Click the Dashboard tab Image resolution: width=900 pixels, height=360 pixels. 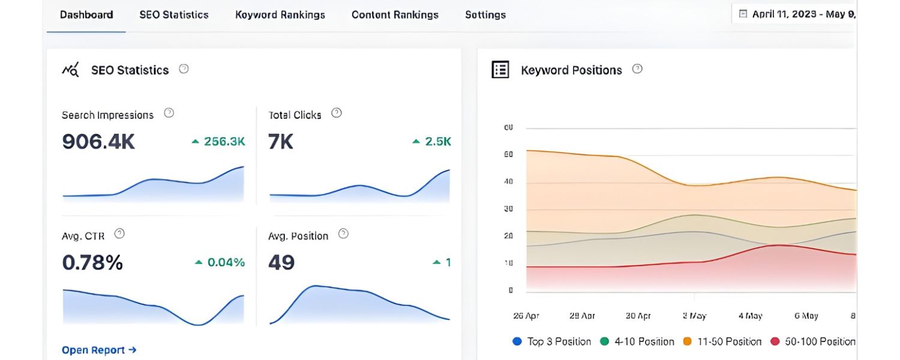click(x=86, y=15)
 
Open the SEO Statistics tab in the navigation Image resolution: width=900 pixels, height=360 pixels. click(x=174, y=15)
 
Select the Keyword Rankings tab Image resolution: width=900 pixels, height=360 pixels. click(x=280, y=15)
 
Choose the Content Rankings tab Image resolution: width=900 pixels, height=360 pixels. click(x=395, y=15)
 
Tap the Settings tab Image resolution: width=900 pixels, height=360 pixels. click(x=485, y=15)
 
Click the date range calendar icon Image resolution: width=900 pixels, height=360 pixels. click(x=743, y=14)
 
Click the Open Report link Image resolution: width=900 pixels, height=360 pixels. click(x=99, y=350)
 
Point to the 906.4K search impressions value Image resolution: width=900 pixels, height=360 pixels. click(x=98, y=142)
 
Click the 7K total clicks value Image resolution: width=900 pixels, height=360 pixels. click(x=281, y=142)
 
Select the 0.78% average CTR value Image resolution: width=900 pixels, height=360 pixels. click(x=92, y=262)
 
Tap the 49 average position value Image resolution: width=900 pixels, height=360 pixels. click(x=281, y=262)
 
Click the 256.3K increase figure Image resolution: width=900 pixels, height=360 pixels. click(x=224, y=142)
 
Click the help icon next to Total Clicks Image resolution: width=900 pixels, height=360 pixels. click(x=337, y=113)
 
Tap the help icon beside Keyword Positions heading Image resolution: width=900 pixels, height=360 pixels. click(x=637, y=69)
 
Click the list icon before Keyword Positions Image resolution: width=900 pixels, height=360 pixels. click(x=500, y=70)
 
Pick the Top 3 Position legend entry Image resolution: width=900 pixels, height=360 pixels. click(x=552, y=341)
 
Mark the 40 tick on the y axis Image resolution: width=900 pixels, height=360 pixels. click(x=508, y=182)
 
